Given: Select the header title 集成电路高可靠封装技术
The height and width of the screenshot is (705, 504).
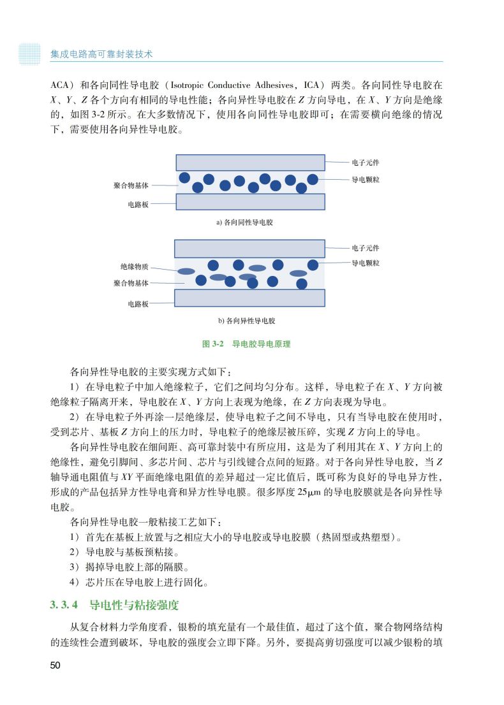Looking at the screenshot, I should click(x=101, y=54).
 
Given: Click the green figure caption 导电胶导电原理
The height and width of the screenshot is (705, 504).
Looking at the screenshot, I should click(x=261, y=344).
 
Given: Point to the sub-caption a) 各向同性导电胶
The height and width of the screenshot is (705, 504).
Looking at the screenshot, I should click(x=249, y=222).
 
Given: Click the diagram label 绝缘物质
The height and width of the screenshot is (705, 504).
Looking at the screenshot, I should click(x=134, y=266).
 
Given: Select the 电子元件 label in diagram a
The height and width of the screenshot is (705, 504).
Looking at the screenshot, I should click(x=365, y=162).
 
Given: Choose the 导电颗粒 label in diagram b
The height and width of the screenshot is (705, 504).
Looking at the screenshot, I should click(x=365, y=263).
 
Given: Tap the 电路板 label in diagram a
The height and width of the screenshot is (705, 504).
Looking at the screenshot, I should click(x=138, y=205).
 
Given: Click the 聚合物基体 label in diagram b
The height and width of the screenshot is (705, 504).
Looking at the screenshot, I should click(x=131, y=282).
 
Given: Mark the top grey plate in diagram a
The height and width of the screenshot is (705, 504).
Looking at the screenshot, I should click(x=250, y=162).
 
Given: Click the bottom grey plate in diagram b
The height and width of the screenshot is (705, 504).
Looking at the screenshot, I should click(x=250, y=298).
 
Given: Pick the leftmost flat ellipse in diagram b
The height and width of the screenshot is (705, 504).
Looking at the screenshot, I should click(x=186, y=271).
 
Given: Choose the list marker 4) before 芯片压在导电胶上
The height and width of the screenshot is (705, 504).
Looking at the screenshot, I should click(x=74, y=581).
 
